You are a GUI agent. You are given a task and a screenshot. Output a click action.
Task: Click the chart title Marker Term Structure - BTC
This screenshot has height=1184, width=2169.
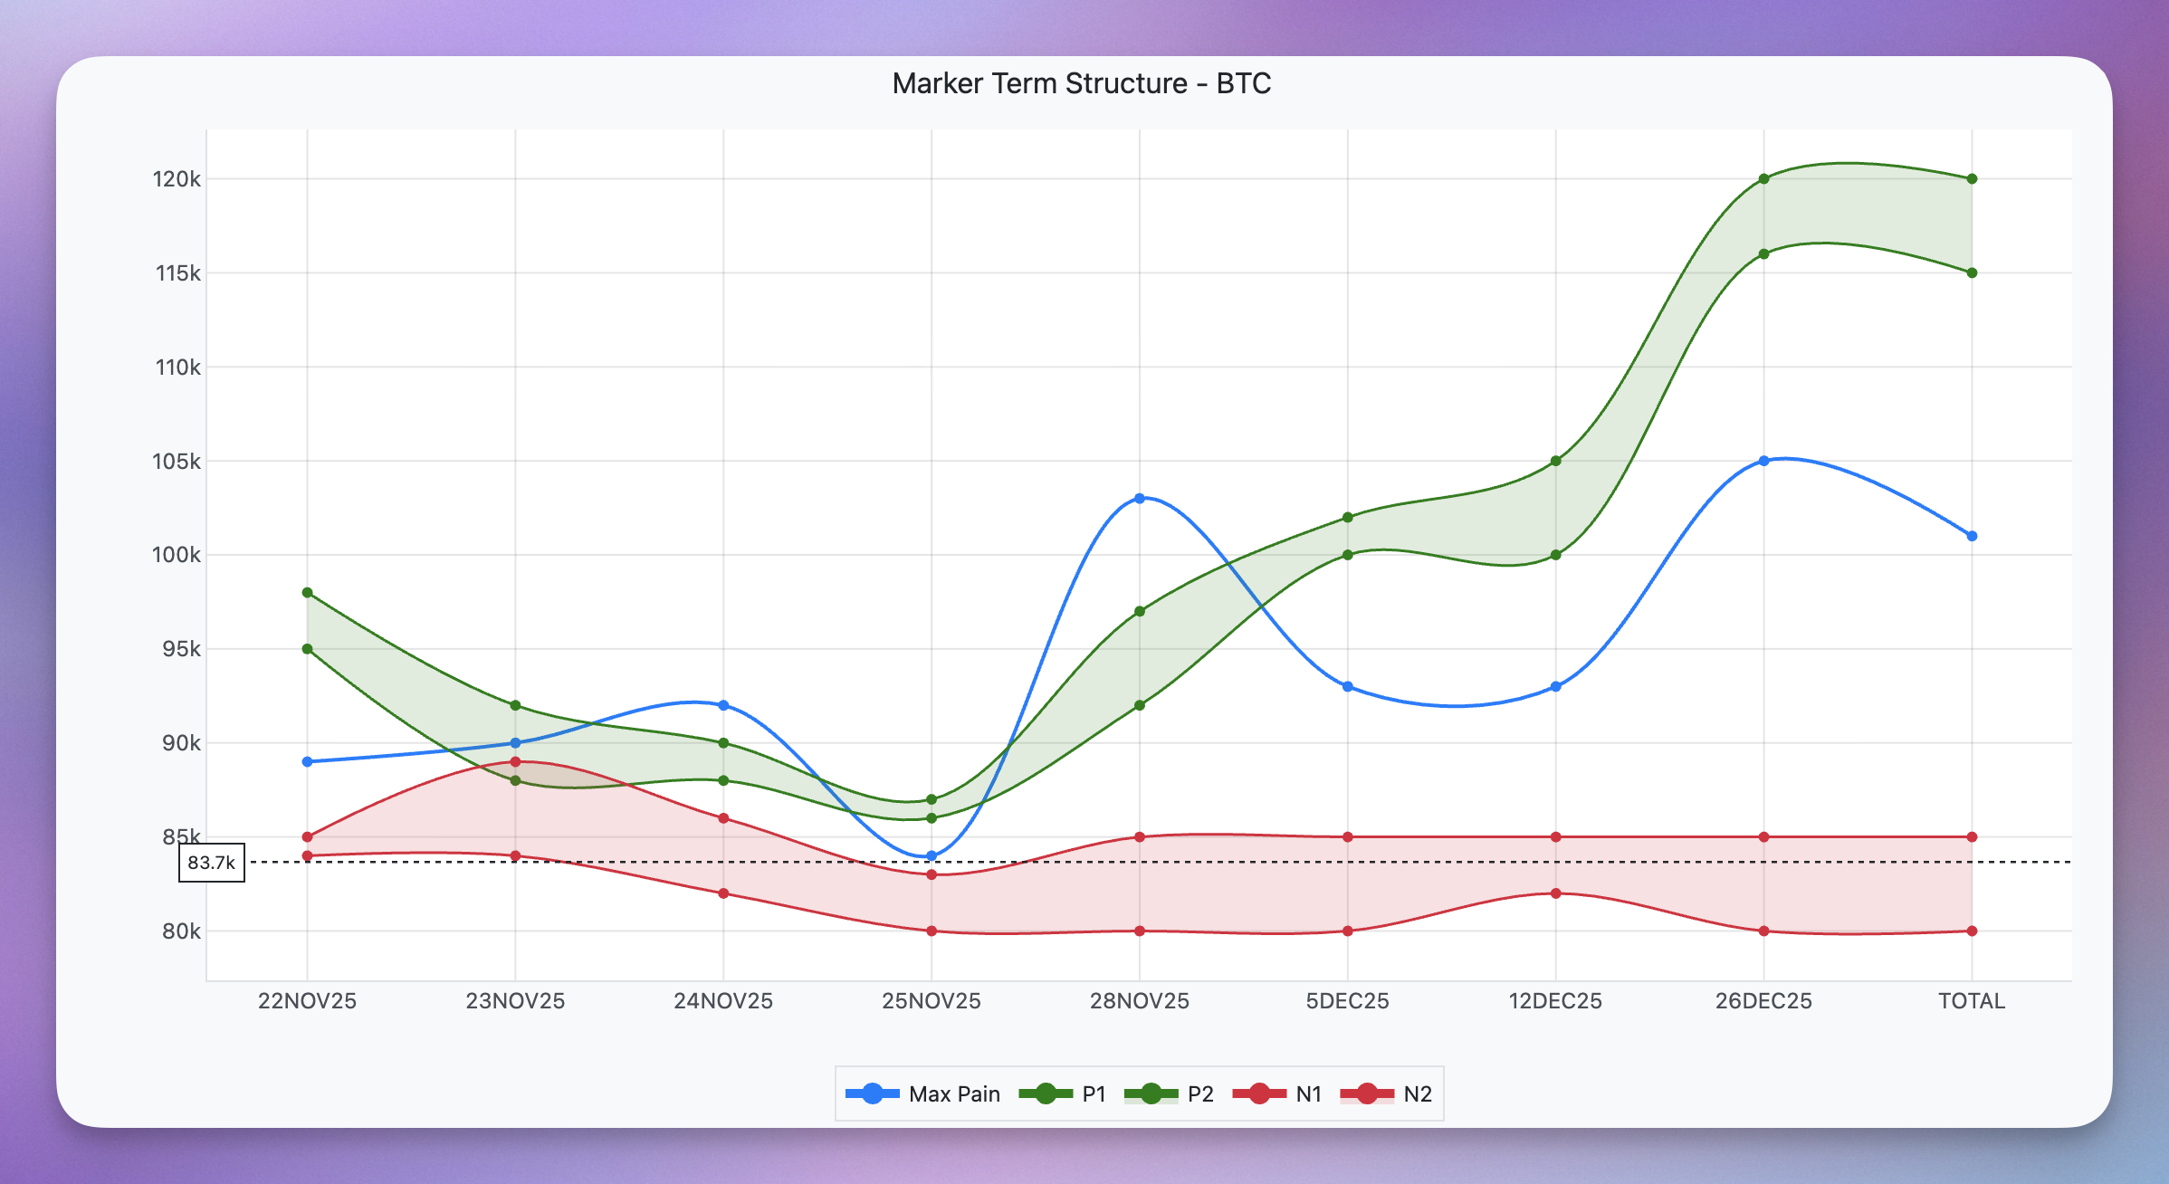[x=1081, y=83]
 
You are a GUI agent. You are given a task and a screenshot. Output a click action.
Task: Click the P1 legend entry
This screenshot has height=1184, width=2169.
[x=1063, y=1093]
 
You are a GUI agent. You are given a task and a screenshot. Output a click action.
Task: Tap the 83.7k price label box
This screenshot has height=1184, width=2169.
[x=212, y=863]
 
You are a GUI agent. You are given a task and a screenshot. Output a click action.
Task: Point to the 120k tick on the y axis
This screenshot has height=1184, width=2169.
[x=177, y=179]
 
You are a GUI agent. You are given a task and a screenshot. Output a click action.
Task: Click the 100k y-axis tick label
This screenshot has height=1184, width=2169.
[x=177, y=555]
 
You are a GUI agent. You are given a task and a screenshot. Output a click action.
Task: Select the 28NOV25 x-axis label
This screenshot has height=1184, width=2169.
[x=1139, y=1001]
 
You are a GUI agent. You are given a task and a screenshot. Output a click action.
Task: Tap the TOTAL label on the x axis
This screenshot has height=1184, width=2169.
[x=1971, y=1001]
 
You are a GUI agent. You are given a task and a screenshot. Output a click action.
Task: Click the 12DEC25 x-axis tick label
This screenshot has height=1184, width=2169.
[x=1555, y=1001]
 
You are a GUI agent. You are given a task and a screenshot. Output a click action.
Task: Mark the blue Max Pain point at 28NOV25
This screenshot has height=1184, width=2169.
[x=1140, y=498]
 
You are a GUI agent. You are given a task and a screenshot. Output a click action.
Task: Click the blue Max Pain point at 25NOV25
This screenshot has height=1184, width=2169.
[x=932, y=855]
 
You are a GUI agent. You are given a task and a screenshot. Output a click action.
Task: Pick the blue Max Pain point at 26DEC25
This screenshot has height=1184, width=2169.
[x=1763, y=461]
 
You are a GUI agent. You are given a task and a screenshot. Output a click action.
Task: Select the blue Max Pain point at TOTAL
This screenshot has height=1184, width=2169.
[x=1972, y=536]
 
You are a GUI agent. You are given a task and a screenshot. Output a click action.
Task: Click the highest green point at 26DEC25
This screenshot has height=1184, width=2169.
[x=1763, y=179]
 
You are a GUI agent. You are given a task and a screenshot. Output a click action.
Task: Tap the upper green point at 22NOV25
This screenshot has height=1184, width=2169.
[x=308, y=593]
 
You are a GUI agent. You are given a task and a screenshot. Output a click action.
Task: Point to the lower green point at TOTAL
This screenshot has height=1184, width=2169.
[x=1972, y=272]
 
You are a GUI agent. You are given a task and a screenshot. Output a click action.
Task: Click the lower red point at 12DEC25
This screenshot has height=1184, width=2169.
[x=1556, y=893]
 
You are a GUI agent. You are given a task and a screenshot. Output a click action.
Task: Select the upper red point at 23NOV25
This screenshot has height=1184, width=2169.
[x=516, y=762]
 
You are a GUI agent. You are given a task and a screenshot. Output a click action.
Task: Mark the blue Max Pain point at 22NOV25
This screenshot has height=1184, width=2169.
[x=308, y=762]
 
